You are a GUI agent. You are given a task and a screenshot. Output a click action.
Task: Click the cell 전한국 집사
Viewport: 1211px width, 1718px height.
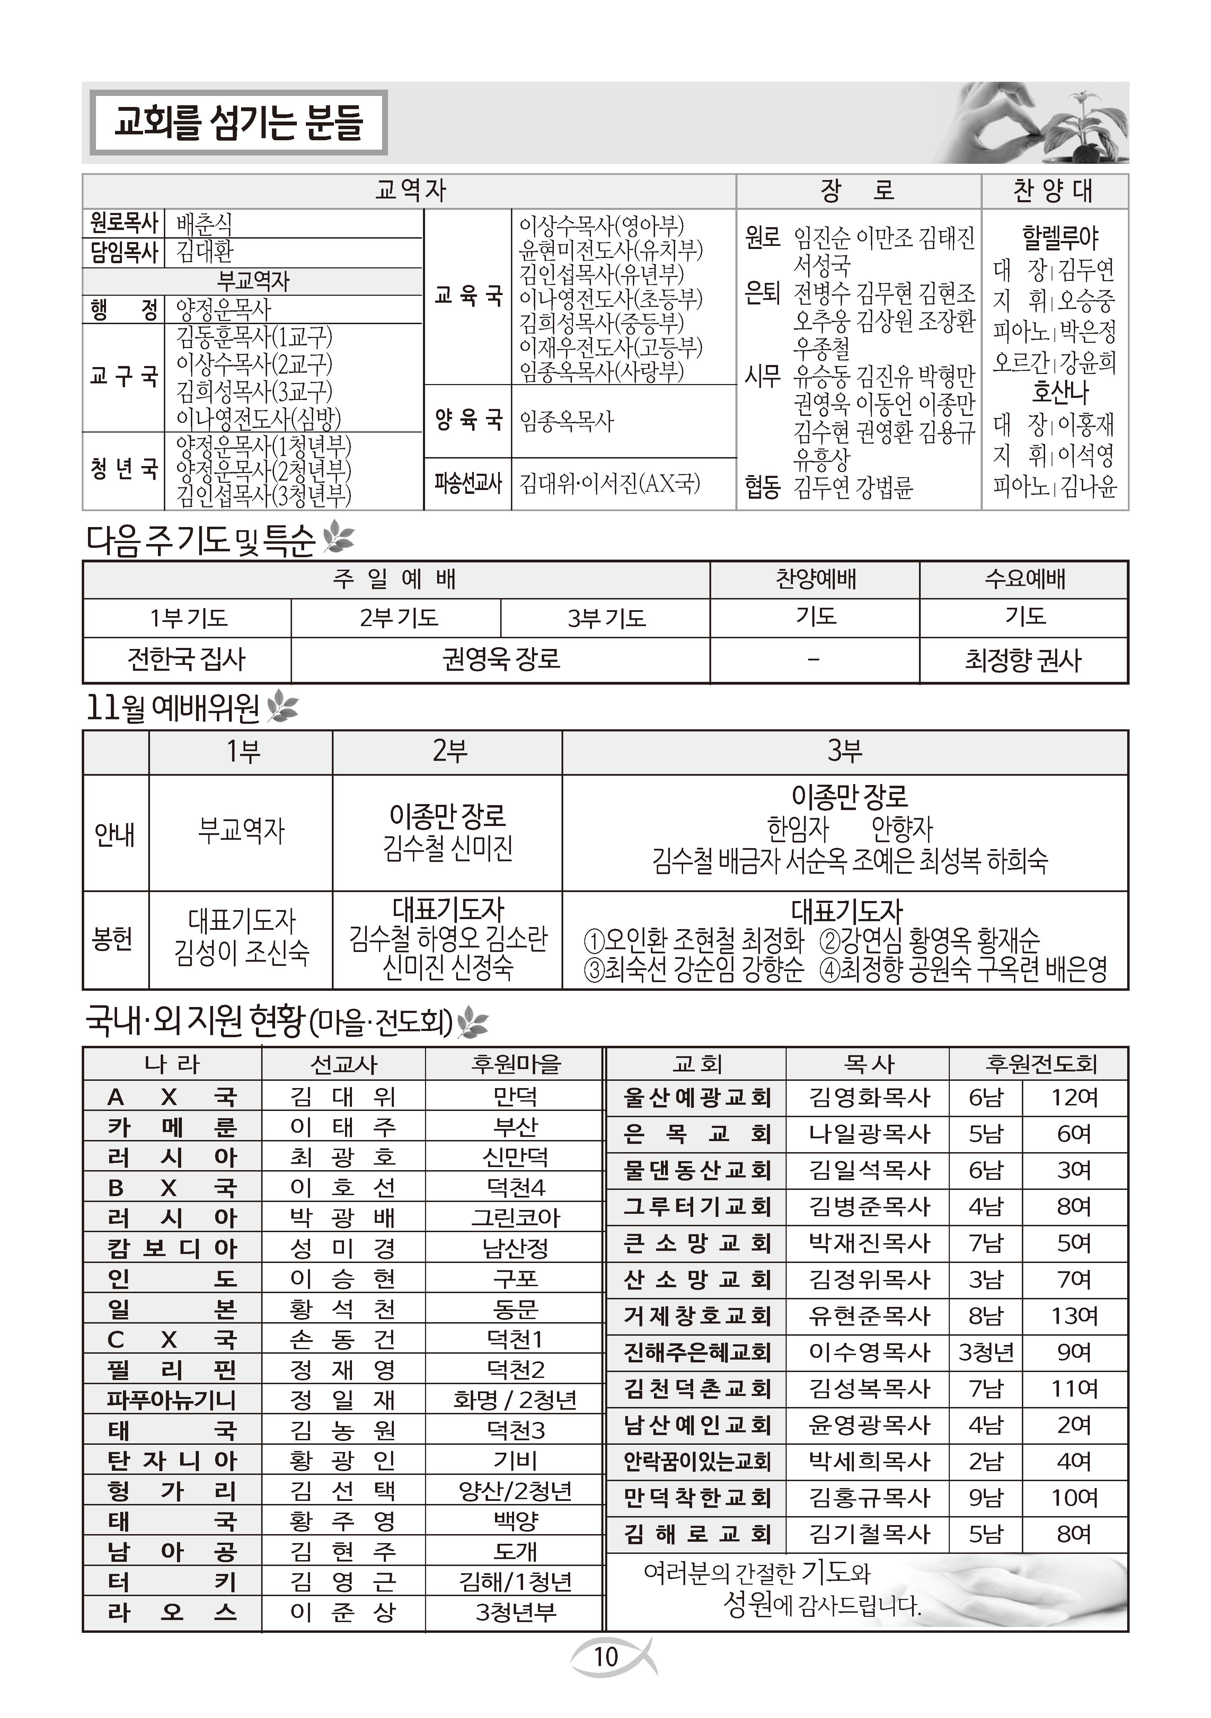point(186,659)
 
